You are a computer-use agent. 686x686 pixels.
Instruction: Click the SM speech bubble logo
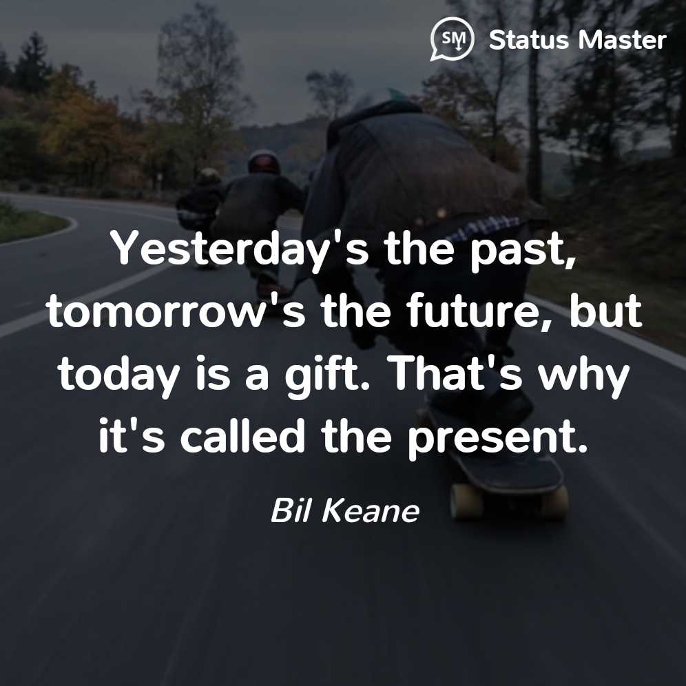point(452,39)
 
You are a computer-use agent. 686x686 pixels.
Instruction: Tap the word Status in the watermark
point(528,40)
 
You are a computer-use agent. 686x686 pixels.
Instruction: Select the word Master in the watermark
point(623,40)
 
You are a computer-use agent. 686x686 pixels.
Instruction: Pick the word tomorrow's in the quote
point(176,311)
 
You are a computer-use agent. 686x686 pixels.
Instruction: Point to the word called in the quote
point(242,436)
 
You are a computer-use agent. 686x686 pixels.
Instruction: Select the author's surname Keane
point(371,510)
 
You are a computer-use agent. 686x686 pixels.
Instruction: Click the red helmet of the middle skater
point(264,161)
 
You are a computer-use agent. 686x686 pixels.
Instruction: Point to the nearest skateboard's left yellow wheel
point(466,501)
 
